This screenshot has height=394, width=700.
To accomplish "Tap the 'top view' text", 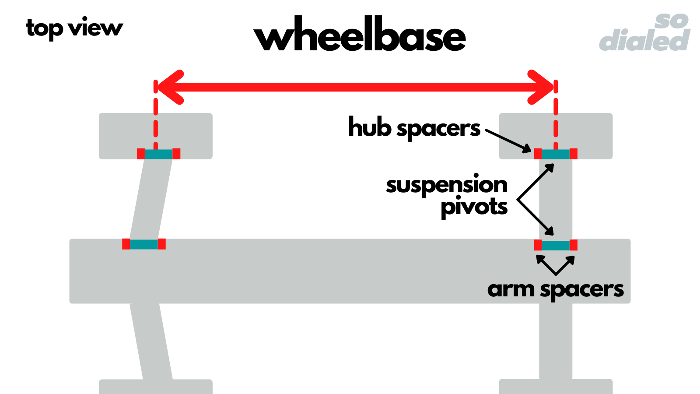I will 74,28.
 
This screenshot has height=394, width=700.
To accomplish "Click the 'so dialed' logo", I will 645,33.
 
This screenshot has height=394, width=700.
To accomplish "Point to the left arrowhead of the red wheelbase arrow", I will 168,87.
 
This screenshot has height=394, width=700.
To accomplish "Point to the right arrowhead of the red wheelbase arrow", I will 542,87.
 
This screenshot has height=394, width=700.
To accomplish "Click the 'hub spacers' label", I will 414,127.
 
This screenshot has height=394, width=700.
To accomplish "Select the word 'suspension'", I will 446,185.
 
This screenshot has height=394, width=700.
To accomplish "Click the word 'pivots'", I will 474,207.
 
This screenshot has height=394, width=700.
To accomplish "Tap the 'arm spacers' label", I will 555,289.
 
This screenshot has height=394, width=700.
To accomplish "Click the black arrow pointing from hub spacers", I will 507,140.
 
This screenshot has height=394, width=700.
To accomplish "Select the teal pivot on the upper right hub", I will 556,154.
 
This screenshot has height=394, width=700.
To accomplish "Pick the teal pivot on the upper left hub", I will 158,154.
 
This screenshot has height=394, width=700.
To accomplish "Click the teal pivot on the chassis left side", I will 143,244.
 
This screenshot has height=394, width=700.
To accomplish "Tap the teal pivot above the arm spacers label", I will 556,245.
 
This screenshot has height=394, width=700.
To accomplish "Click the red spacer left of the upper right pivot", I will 538,154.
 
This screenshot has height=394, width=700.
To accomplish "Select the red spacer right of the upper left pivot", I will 176,154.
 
